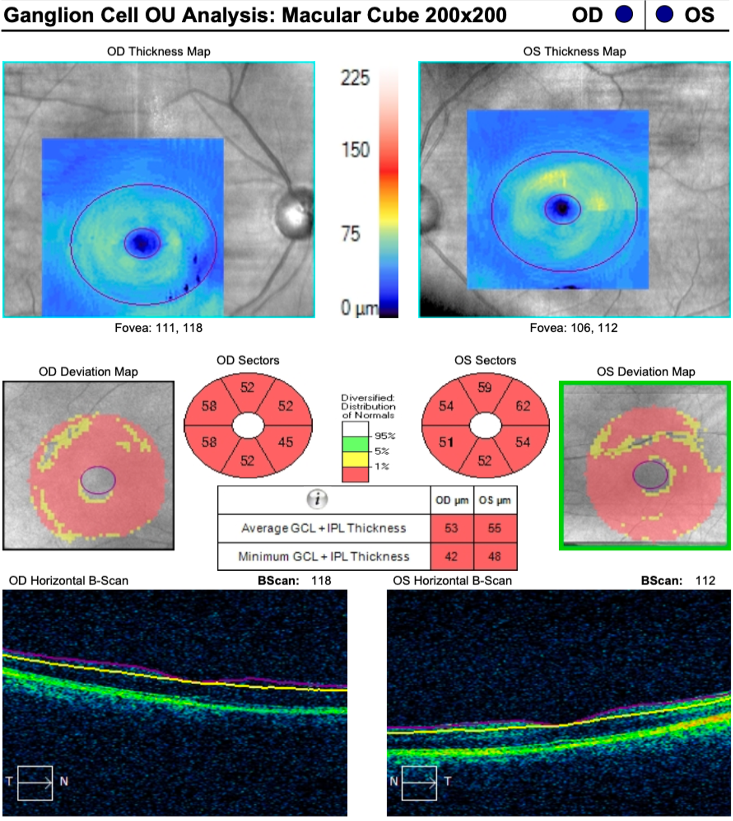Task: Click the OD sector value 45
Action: (x=285, y=442)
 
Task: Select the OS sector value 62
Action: (x=523, y=406)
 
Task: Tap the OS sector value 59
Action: (x=484, y=387)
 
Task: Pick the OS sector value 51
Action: (x=446, y=442)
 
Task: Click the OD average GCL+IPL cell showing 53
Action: (x=452, y=528)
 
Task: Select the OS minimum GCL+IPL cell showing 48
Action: (x=495, y=557)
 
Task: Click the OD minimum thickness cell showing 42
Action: (x=452, y=557)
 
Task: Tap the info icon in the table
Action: (x=317, y=499)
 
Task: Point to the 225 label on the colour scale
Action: (x=355, y=78)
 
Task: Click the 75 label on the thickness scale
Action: (x=350, y=234)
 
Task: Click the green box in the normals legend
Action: (x=355, y=444)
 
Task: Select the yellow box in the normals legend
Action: (x=355, y=459)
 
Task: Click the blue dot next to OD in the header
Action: (x=624, y=15)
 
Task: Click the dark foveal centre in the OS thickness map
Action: (x=562, y=208)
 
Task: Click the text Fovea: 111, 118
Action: (x=158, y=328)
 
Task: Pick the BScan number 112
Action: (x=705, y=581)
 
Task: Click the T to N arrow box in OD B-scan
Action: (x=35, y=783)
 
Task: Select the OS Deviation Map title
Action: (x=646, y=371)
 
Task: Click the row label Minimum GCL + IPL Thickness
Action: (x=324, y=557)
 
